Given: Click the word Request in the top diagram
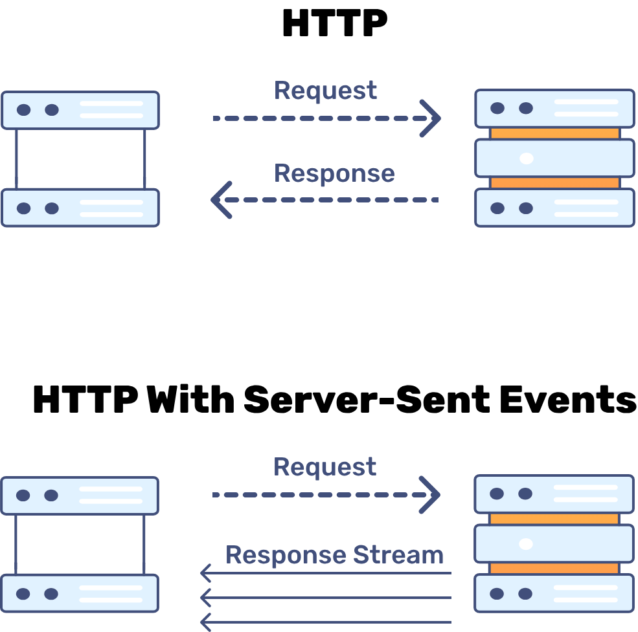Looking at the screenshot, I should pos(325,91).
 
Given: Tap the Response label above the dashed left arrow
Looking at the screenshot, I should pos(334,173).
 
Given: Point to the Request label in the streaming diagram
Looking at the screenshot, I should pos(325,467).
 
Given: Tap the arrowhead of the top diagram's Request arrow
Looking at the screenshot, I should pos(431,118).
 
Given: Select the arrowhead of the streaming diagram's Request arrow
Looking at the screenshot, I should pos(431,495).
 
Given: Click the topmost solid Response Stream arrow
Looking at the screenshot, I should pos(324,573).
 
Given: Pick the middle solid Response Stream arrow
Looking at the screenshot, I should pos(324,598).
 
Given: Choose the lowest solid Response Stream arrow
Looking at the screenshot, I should pos(324,622).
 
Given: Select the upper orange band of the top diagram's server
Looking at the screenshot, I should pos(554,133).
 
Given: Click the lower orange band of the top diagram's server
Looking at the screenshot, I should pos(554,183).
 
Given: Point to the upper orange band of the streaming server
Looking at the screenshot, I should pos(554,519).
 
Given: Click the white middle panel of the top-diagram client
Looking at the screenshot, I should pos(80,158).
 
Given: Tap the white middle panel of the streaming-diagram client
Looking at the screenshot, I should pos(80,545).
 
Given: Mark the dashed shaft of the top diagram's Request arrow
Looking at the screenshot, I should pos(311,118).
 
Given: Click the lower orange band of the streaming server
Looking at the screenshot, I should pos(554,569).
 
